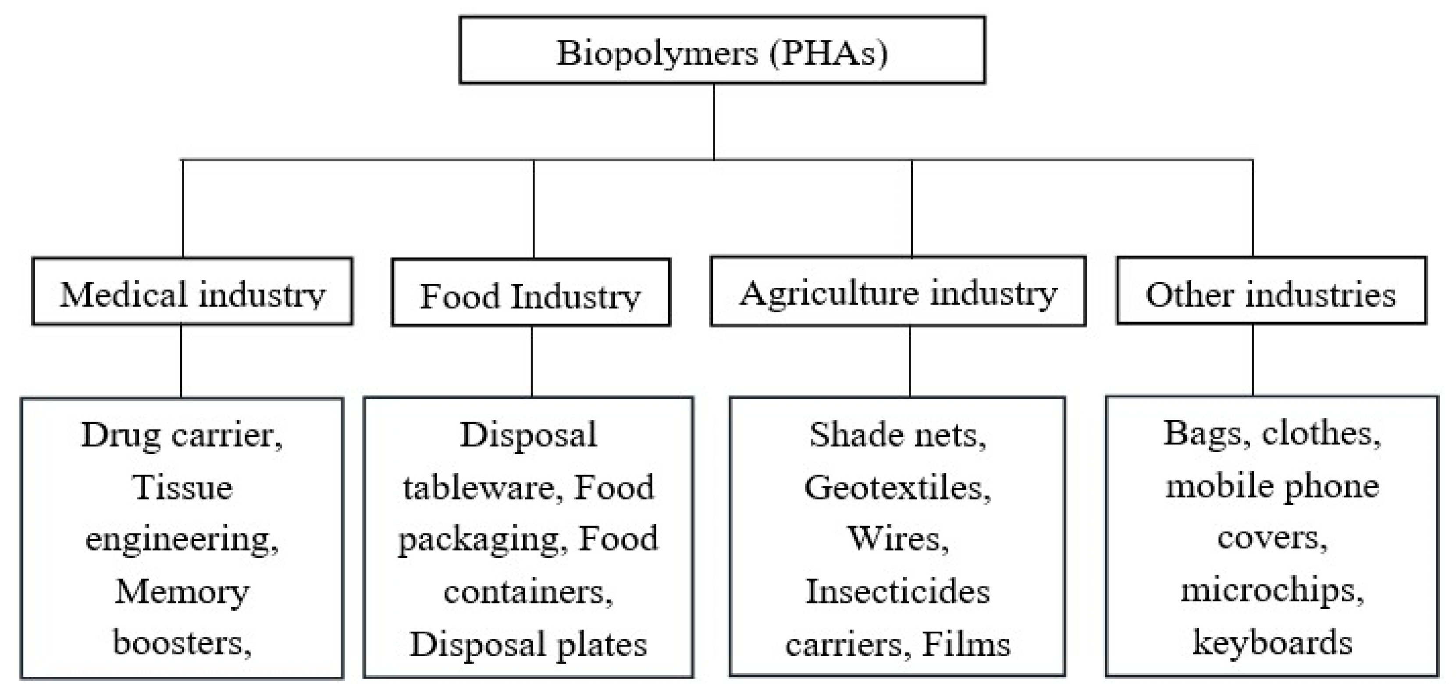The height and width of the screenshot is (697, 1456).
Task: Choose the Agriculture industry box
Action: (x=897, y=292)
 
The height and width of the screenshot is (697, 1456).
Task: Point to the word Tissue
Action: (x=182, y=487)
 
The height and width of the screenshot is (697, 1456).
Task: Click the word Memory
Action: (x=182, y=593)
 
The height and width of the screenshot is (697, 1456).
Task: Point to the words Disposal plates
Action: (x=528, y=644)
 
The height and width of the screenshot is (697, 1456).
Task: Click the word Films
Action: (x=965, y=644)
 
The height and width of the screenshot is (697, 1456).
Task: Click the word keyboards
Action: (x=1272, y=643)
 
